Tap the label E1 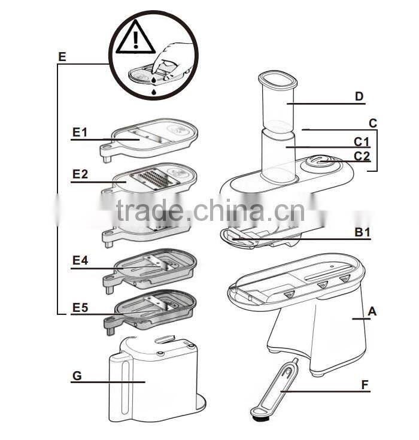pos(80,132)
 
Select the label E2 pos(80,174)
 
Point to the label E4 pos(80,260)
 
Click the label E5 pos(80,308)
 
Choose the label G pos(77,376)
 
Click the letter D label pos(359,96)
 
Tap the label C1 pos(361,142)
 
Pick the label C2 pos(362,157)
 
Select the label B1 pos(361,233)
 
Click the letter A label pos(372,311)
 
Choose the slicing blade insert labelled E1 pos(150,136)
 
